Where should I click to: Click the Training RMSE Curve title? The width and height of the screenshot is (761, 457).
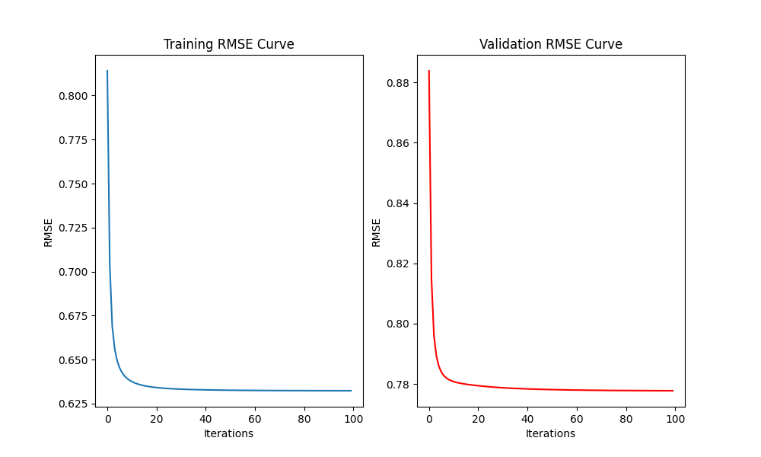(x=228, y=44)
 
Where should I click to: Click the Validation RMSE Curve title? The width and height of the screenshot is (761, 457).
(x=550, y=44)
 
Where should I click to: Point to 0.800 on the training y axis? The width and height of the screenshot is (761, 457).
(x=72, y=96)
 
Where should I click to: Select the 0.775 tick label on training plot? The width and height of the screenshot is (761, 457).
(x=72, y=140)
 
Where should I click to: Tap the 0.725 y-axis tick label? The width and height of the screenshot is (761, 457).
(x=72, y=228)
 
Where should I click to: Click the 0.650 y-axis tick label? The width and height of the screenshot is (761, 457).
(x=72, y=360)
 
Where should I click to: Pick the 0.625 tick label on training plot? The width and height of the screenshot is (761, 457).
(x=72, y=404)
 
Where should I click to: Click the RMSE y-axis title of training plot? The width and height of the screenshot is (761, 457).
(x=48, y=232)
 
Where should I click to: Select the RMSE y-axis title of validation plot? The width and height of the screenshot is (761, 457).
(x=376, y=232)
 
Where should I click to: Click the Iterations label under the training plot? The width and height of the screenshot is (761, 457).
(x=228, y=433)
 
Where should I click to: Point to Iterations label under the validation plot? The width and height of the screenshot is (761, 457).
(x=550, y=433)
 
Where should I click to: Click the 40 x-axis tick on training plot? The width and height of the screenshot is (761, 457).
(x=205, y=417)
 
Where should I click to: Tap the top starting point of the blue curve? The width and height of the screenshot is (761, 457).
(x=107, y=71)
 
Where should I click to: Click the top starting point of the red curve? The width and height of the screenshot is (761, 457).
(x=429, y=71)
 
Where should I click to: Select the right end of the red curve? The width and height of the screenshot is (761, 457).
(x=673, y=391)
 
